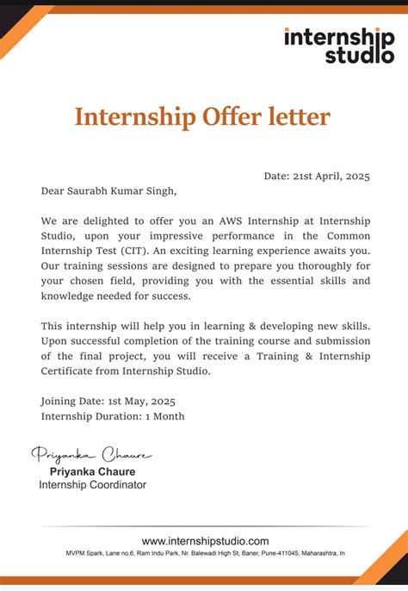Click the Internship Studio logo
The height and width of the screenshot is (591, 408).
tap(333, 45)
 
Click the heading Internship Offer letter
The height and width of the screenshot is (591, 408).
tap(202, 116)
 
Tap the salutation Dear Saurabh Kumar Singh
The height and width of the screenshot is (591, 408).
tap(108, 191)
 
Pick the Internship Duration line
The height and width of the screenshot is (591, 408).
tap(113, 416)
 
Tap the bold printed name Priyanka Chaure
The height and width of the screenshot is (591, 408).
tap(92, 471)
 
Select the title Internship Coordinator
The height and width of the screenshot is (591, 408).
tap(92, 485)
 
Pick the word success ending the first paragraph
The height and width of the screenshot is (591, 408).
tap(167, 296)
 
